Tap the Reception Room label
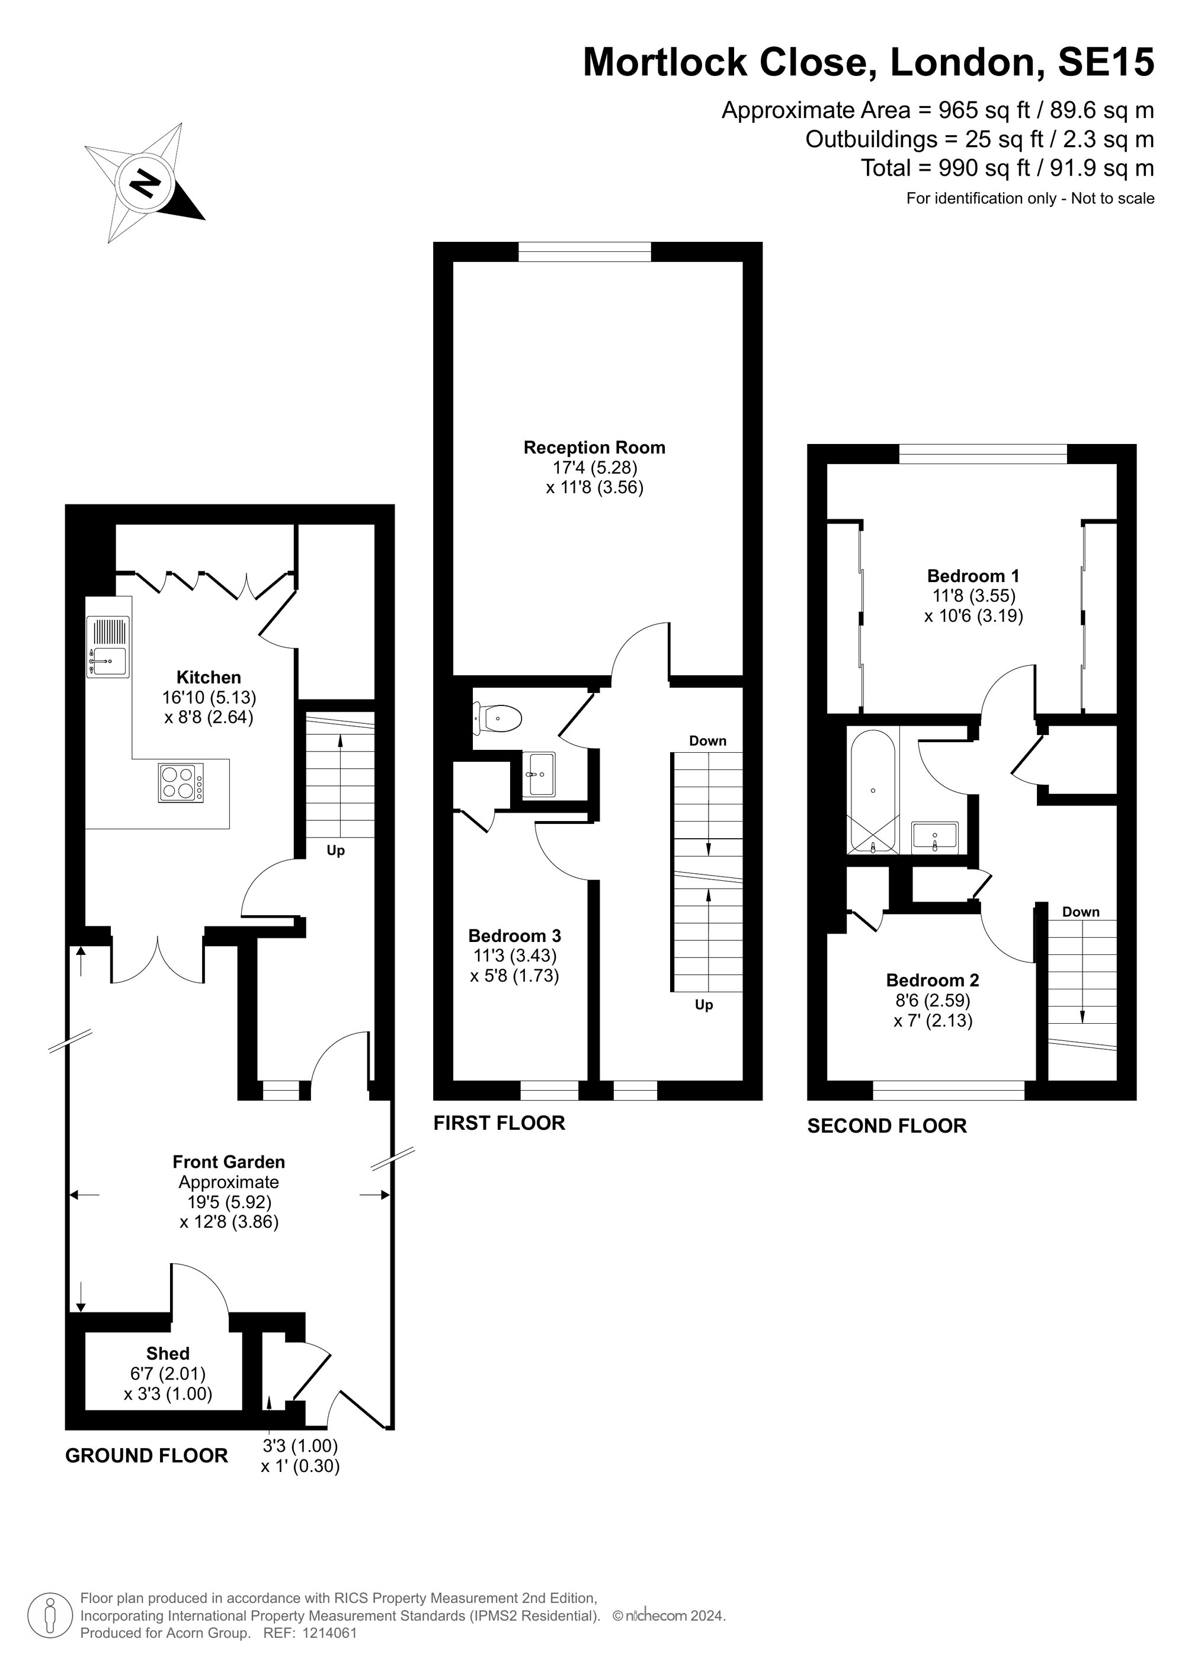pyautogui.click(x=594, y=448)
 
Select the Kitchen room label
pyautogui.click(x=209, y=677)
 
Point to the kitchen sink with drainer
pyautogui.click(x=108, y=646)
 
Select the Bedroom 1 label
pyautogui.click(x=973, y=576)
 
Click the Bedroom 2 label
pyautogui.click(x=933, y=980)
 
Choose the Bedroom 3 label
pyautogui.click(x=515, y=935)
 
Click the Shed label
pyautogui.click(x=168, y=1353)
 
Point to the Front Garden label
pyautogui.click(x=229, y=1162)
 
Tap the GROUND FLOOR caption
pyautogui.click(x=147, y=1456)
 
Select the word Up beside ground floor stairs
pyautogui.click(x=336, y=851)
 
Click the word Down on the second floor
pyautogui.click(x=1081, y=912)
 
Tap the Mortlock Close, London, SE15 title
pyautogui.click(x=869, y=62)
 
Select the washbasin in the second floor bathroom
pyautogui.click(x=934, y=836)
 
